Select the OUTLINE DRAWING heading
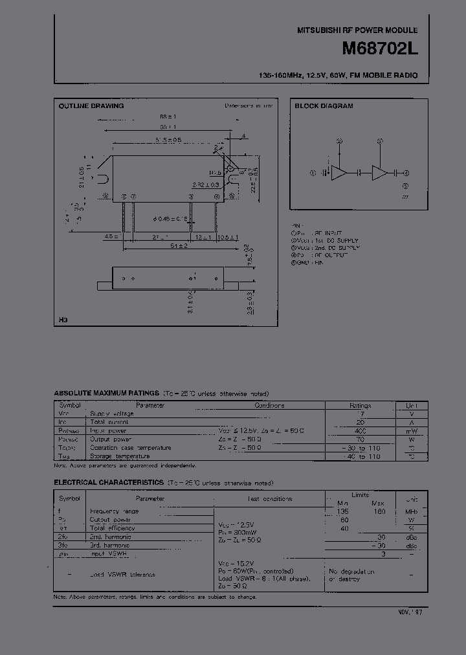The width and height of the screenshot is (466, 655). tap(91, 105)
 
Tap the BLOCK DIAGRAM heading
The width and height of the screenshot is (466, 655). tap(324, 105)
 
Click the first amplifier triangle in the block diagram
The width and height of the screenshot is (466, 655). tap(338, 172)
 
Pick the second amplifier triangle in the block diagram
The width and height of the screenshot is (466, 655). tap(379, 172)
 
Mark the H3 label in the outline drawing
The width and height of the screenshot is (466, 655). tap(63, 320)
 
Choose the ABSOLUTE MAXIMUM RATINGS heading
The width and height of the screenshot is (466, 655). tap(106, 394)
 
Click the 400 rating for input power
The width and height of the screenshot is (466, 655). tap(361, 430)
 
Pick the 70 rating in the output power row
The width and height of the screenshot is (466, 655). tap(361, 439)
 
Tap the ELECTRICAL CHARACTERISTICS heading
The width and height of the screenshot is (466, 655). tap(109, 483)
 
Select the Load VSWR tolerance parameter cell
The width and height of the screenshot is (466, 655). tap(122, 575)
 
